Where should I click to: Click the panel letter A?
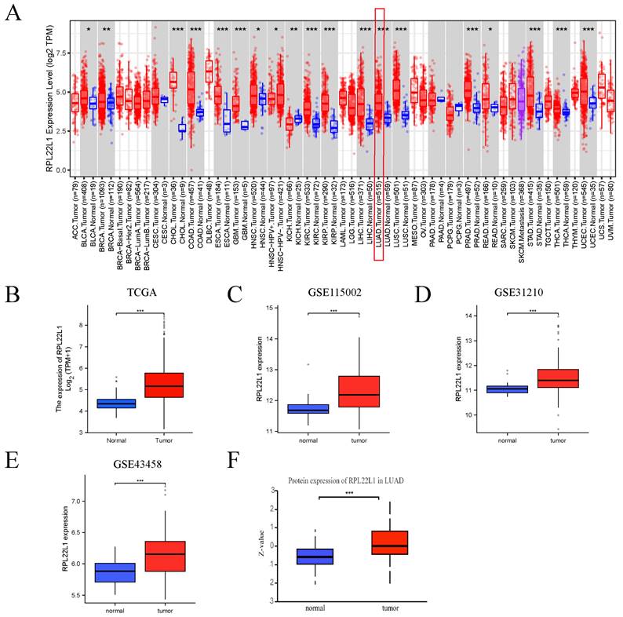[13, 15]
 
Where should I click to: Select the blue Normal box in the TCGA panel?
[116, 403]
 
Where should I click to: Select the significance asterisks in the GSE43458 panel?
[140, 481]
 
